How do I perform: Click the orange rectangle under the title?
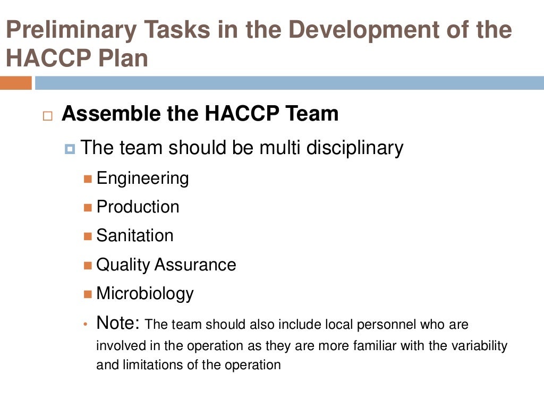15,83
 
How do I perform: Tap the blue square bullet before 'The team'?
70,149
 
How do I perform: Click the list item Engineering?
142,178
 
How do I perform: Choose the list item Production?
138,207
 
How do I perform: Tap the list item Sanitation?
135,235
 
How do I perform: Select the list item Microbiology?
144,293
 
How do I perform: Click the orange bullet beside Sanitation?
88,236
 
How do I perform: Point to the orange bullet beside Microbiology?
88,294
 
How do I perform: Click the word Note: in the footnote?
118,322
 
